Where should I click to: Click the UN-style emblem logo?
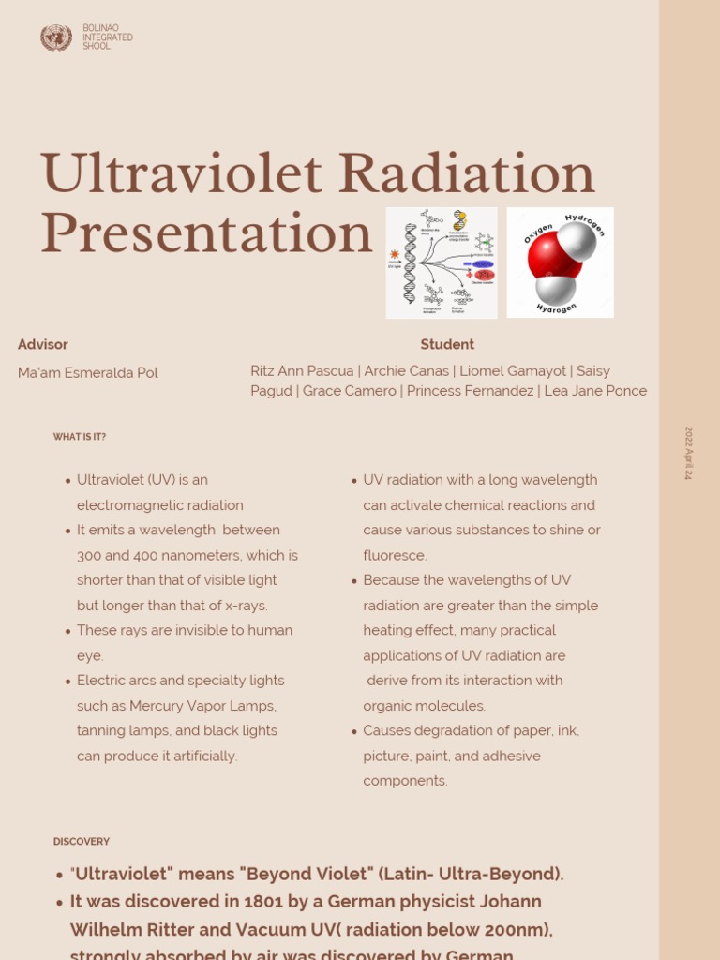click(x=56, y=37)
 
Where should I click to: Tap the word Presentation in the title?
click(x=206, y=234)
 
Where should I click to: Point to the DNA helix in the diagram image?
click(x=410, y=262)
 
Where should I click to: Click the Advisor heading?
click(x=43, y=344)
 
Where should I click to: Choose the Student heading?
click(x=447, y=344)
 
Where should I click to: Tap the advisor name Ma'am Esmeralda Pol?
click(x=88, y=372)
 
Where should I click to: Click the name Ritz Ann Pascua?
click(x=302, y=370)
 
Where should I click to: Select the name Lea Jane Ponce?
click(x=595, y=391)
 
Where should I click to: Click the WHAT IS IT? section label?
click(x=80, y=437)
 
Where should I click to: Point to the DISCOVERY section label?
click(x=82, y=842)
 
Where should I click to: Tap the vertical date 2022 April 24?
click(x=688, y=454)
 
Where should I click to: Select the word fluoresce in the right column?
click(x=395, y=555)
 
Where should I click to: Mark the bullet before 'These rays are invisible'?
click(x=67, y=631)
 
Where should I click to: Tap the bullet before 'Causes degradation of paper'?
click(x=353, y=731)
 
